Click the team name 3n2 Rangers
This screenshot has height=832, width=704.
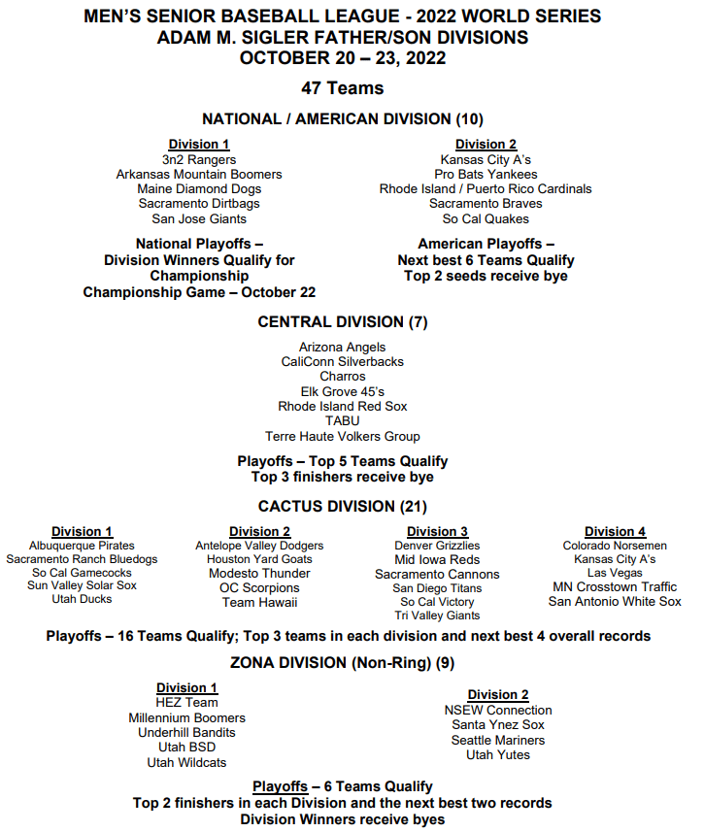pyautogui.click(x=199, y=159)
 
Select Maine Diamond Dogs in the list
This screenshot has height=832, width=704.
pyautogui.click(x=199, y=189)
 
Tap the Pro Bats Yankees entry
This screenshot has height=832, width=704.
pyautogui.click(x=486, y=174)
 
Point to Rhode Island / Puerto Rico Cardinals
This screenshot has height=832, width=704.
pyautogui.click(x=486, y=189)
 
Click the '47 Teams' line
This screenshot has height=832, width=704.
pyautogui.click(x=343, y=88)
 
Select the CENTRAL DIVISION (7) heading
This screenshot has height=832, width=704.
pyautogui.click(x=343, y=322)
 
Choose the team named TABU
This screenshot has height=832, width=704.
pyautogui.click(x=343, y=421)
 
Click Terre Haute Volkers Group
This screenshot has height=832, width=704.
pyautogui.click(x=343, y=437)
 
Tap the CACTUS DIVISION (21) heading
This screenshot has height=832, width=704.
pyautogui.click(x=343, y=507)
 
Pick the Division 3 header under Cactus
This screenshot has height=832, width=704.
pyautogui.click(x=437, y=531)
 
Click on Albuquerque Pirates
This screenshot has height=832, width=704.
pyautogui.click(x=82, y=546)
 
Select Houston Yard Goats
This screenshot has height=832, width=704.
pyautogui.click(x=259, y=559)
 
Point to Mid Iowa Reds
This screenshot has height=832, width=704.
pyautogui.click(x=437, y=560)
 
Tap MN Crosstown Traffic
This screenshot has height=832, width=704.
pyautogui.click(x=615, y=586)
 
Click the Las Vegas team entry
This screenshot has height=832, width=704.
pyautogui.click(x=615, y=573)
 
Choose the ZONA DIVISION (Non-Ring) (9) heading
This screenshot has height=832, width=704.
pyautogui.click(x=343, y=664)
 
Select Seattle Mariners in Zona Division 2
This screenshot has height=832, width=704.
pyautogui.click(x=498, y=740)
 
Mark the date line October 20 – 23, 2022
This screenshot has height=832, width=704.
pyautogui.click(x=343, y=57)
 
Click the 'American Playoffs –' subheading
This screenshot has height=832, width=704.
pyautogui.click(x=486, y=244)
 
